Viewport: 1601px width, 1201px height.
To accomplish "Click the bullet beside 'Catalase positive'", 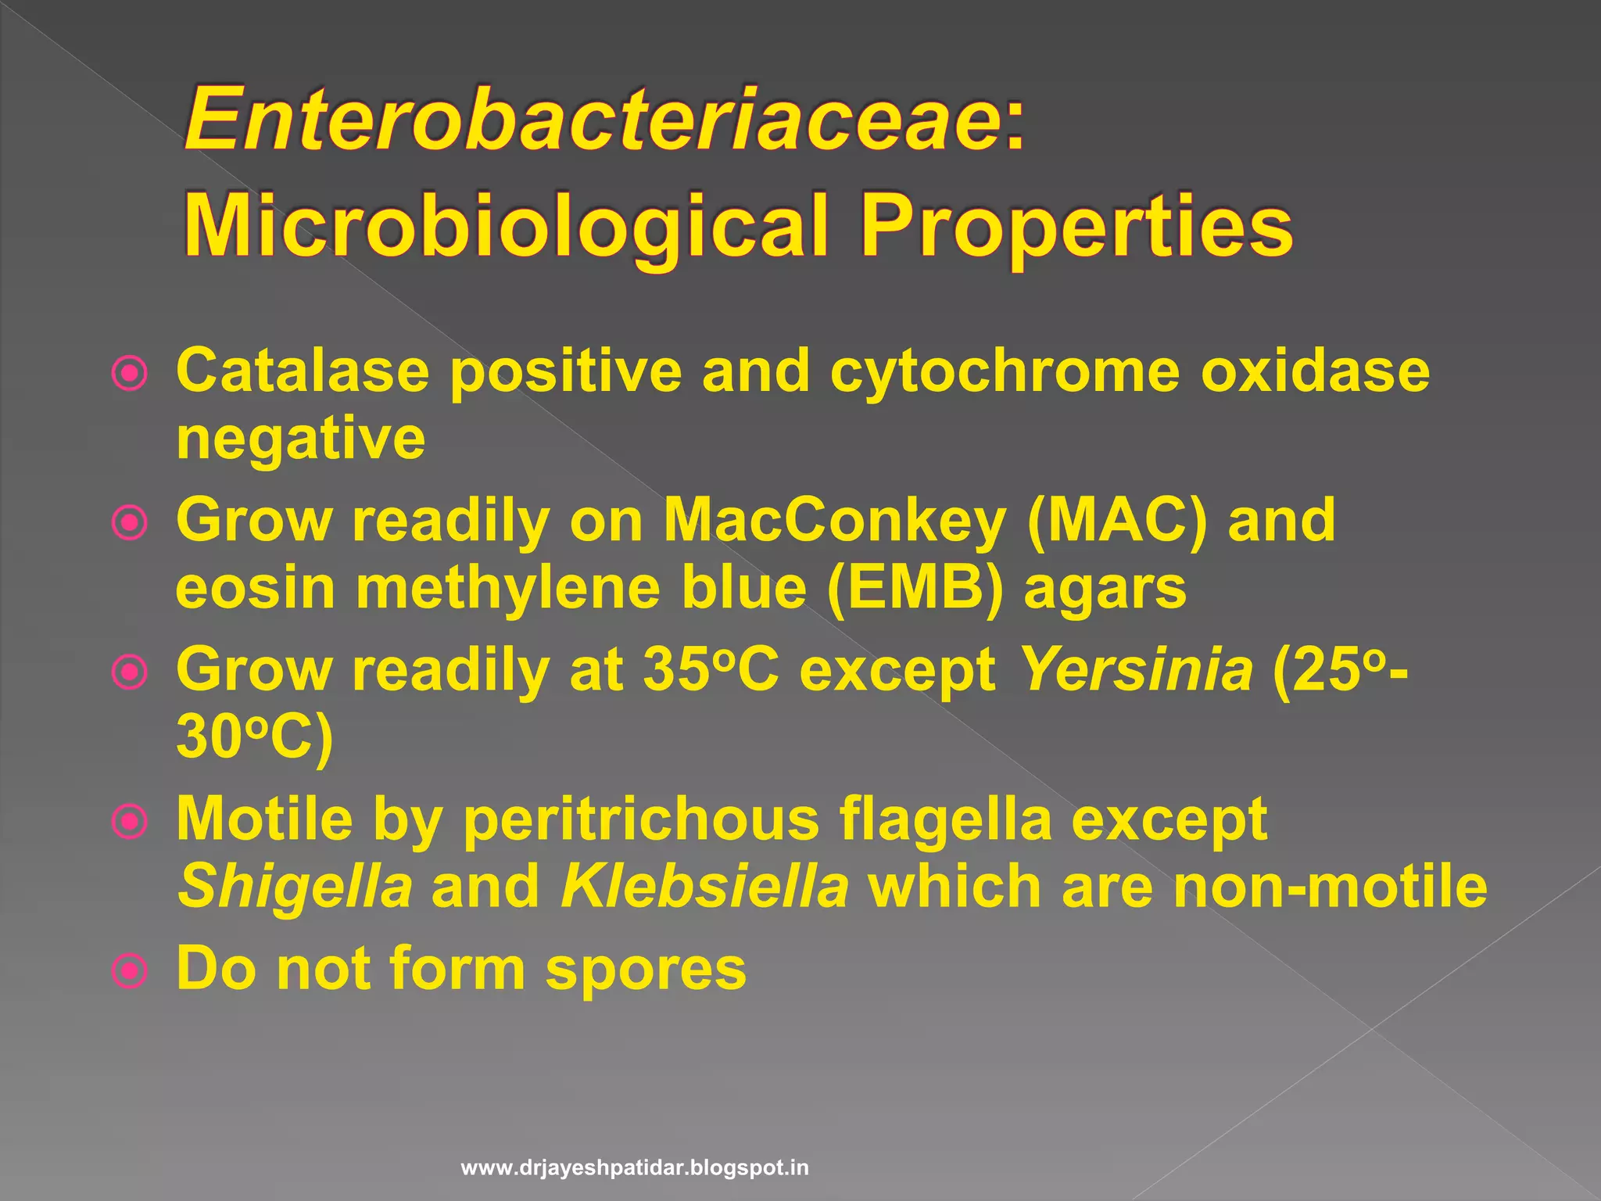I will point(130,374).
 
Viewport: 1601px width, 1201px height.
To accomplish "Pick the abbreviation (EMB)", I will point(915,588).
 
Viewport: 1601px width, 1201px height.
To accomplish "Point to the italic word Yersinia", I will point(1137,670).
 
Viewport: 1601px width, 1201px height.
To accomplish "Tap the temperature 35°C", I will point(711,670).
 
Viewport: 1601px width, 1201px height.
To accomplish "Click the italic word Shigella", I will point(295,887).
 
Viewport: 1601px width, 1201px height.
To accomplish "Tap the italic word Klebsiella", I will point(704,887).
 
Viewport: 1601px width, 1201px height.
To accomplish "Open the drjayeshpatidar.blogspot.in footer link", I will point(635,1168).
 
